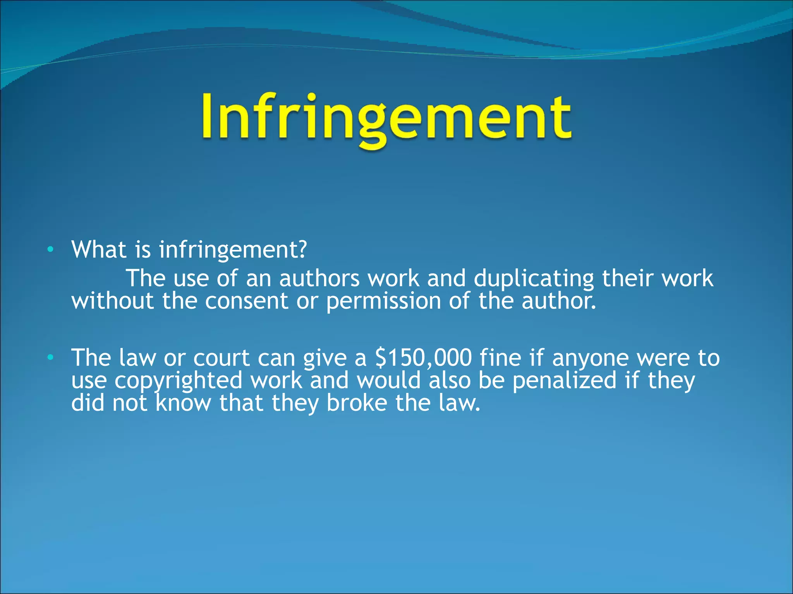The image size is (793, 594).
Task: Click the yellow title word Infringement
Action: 386,118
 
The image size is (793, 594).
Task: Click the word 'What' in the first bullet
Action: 99,249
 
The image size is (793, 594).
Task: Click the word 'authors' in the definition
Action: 319,278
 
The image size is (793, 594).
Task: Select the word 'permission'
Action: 383,302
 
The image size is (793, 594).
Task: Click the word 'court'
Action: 221,358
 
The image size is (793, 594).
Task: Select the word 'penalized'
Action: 564,381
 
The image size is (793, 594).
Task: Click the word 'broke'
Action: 357,403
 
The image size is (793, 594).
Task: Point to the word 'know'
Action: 184,403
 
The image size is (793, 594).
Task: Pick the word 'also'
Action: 450,380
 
